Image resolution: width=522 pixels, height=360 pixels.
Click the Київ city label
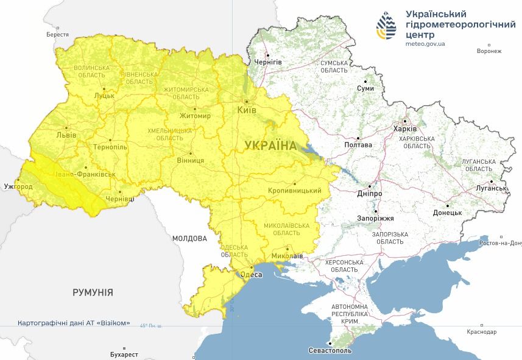click(x=247, y=110)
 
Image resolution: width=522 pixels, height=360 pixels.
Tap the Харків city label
click(x=405, y=129)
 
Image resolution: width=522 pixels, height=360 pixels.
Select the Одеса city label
click(x=252, y=275)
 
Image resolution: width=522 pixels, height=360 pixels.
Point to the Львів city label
click(x=66, y=135)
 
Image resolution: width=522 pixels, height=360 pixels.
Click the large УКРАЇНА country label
click(x=271, y=146)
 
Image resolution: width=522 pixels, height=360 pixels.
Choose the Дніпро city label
click(x=370, y=194)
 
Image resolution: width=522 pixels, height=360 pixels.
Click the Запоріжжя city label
click(x=376, y=218)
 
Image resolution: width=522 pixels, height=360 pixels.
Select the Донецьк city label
click(x=447, y=213)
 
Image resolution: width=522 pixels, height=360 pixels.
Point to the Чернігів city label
click(x=268, y=62)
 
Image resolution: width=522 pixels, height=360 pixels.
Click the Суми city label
click(x=365, y=88)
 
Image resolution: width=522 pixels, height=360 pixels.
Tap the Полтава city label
click(x=358, y=145)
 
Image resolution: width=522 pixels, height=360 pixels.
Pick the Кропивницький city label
click(x=294, y=191)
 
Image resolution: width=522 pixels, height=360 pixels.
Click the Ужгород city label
click(x=18, y=186)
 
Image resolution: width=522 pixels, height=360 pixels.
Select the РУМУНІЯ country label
click(x=93, y=292)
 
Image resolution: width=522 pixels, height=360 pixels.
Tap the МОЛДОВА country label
click(x=189, y=238)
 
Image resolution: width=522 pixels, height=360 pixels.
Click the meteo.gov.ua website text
click(x=425, y=44)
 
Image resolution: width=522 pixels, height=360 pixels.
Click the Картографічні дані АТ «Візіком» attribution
click(x=74, y=323)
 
